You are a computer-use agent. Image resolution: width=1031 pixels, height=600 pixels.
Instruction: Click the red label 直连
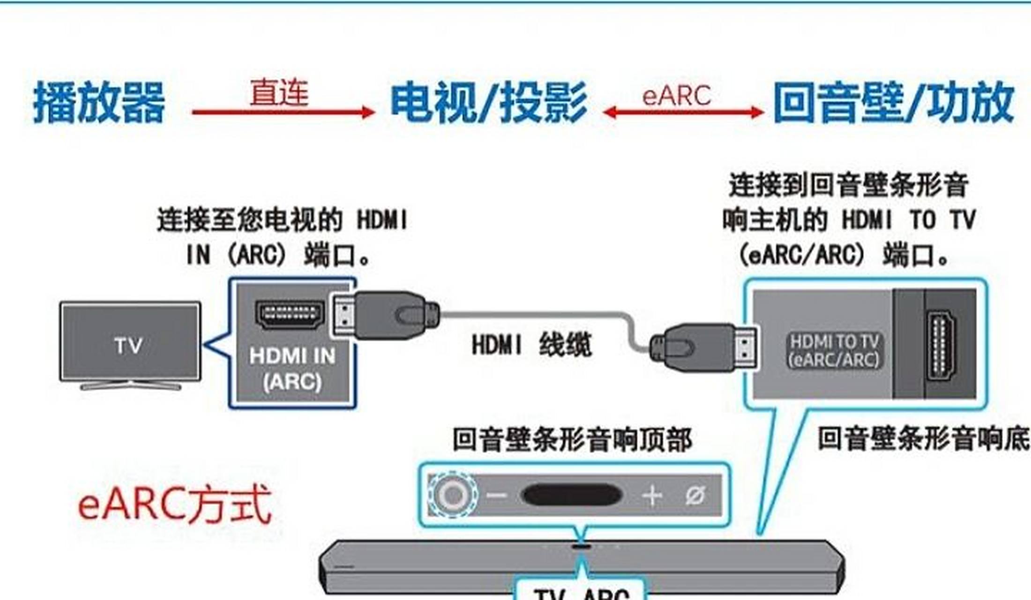[279, 92]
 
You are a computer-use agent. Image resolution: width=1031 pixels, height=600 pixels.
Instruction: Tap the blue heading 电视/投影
[489, 102]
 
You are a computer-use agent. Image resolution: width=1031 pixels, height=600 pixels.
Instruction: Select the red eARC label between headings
[676, 95]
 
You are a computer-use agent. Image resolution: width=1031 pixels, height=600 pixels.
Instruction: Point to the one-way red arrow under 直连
[283, 112]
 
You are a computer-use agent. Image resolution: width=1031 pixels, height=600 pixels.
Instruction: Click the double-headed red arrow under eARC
[683, 112]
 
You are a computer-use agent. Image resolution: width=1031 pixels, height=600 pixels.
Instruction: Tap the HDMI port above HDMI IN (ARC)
[290, 315]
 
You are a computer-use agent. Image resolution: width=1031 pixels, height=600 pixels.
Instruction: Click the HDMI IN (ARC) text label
[292, 369]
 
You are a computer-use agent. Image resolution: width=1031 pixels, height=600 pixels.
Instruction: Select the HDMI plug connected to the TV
[384, 315]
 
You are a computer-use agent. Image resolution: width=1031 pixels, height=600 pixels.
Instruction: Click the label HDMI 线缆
[531, 345]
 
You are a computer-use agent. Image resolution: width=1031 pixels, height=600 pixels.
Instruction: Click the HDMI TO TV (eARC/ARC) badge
[834, 351]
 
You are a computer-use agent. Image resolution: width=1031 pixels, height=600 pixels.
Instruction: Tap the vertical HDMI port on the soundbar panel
[941, 345]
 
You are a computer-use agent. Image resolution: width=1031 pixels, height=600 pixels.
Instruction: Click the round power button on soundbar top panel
[453, 495]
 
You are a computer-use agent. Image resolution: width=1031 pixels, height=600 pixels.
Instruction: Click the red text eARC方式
[174, 505]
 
